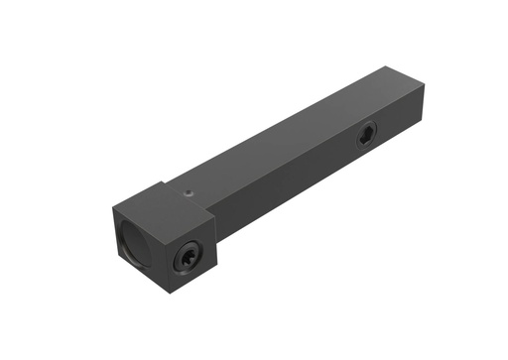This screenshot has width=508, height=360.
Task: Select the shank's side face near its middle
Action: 298,174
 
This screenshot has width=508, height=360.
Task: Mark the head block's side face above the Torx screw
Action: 189,230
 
